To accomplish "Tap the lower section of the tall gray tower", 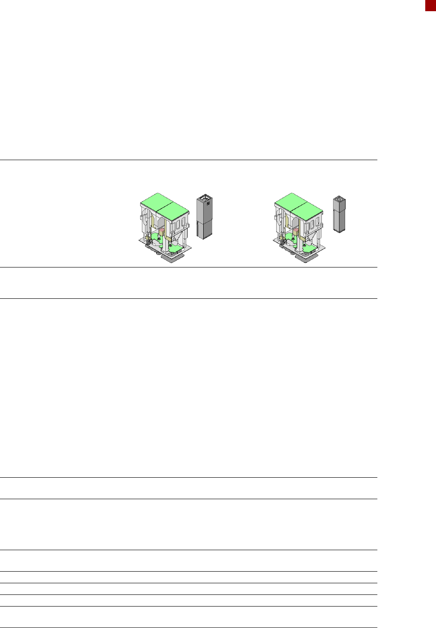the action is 204,229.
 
